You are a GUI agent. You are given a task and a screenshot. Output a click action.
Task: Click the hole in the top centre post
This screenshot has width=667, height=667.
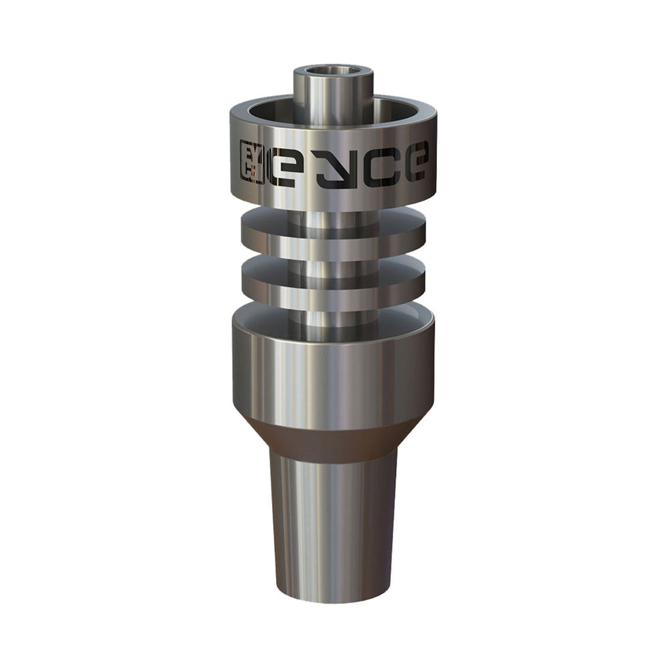click(x=333, y=73)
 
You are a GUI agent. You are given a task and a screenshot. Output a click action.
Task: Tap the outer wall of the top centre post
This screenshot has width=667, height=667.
click(x=333, y=98)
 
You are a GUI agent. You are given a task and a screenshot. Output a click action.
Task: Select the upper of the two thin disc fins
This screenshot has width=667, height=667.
click(x=333, y=232)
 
